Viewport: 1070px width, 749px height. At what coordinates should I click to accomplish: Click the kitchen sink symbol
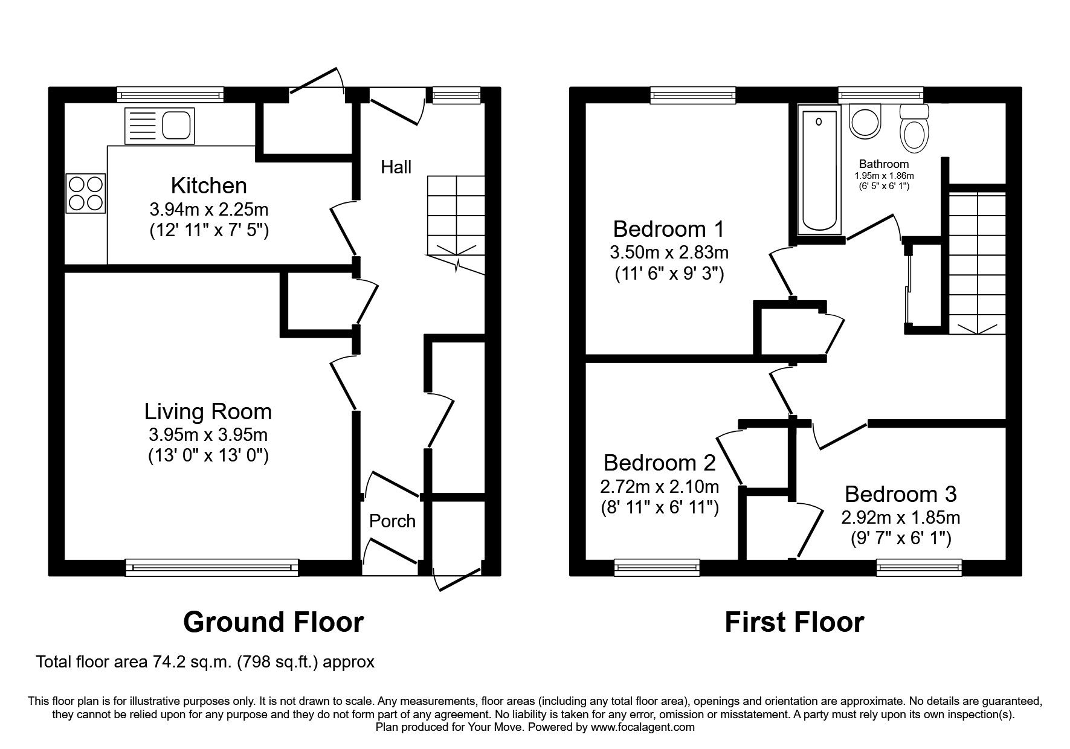coord(159,126)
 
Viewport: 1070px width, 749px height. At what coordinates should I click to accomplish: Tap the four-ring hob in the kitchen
coord(86,193)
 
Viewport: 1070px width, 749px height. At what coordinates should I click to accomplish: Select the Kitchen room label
coord(208,185)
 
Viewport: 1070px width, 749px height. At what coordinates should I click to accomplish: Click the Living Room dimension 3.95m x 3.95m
coord(208,434)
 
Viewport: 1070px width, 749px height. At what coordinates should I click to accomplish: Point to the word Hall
coord(396,167)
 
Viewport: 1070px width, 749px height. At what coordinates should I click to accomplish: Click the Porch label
coord(392,521)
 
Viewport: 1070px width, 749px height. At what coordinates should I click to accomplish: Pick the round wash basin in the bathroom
coord(866,121)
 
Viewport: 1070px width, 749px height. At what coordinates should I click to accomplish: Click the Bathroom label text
coord(883,164)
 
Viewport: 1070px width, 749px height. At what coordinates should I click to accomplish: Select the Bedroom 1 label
coord(668,229)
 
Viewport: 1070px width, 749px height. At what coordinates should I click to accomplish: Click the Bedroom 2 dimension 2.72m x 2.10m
coord(659,486)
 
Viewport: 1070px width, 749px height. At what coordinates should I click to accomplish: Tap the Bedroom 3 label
coord(900,494)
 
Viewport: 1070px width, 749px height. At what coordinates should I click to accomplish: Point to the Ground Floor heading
coord(273,622)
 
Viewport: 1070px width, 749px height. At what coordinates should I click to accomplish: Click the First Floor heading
coord(794,622)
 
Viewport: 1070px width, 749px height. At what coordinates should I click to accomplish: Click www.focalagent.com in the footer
coord(642,727)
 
